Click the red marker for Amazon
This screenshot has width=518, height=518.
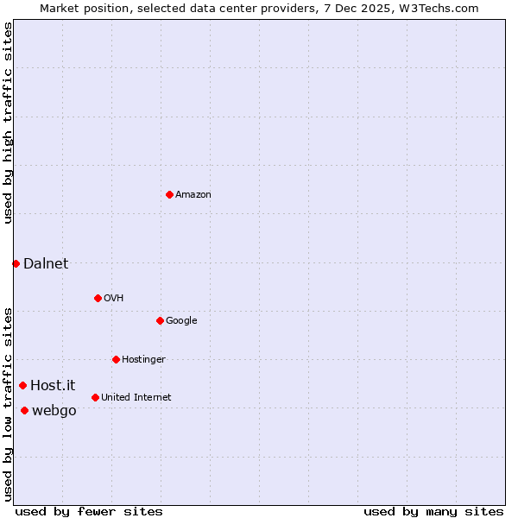coord(169,194)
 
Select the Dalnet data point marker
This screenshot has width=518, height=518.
coord(16,263)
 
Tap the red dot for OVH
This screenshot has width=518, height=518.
coord(98,298)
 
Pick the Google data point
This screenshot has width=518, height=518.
coord(160,320)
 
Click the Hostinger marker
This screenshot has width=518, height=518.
coord(116,359)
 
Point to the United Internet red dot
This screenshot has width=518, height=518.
coord(95,397)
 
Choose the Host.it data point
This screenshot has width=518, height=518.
coord(22,385)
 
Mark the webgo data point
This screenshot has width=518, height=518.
coord(24,410)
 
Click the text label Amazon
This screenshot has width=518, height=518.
coord(193,195)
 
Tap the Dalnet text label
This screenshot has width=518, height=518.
coord(46,264)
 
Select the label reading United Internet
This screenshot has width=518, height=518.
coord(136,398)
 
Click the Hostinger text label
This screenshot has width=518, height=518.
coord(143,360)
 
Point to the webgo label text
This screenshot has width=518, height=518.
coord(54,411)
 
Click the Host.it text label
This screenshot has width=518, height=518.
coord(53,386)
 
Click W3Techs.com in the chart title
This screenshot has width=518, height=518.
coord(439,8)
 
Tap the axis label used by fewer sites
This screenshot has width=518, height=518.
coord(89,511)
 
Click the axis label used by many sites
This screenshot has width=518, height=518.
coord(433,511)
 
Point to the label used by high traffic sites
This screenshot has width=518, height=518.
coord(8,123)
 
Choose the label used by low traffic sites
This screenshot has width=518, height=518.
coord(8,404)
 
